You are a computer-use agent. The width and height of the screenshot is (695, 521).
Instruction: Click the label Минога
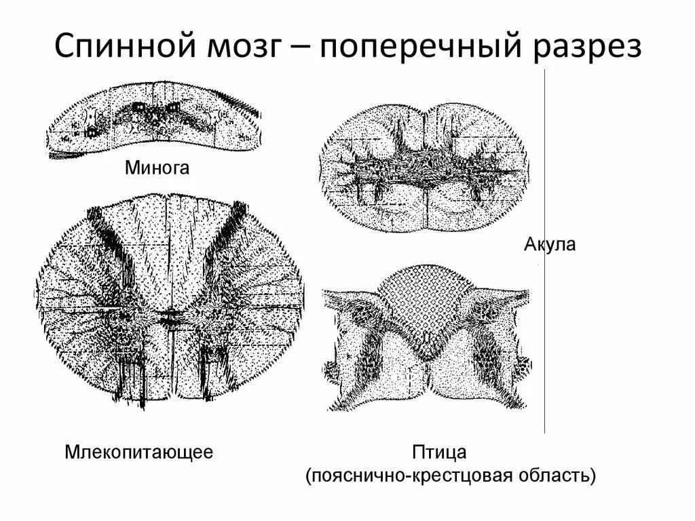click(156, 168)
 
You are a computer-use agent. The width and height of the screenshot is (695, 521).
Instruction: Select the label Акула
click(550, 244)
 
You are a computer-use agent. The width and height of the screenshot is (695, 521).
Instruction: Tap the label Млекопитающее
click(139, 451)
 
